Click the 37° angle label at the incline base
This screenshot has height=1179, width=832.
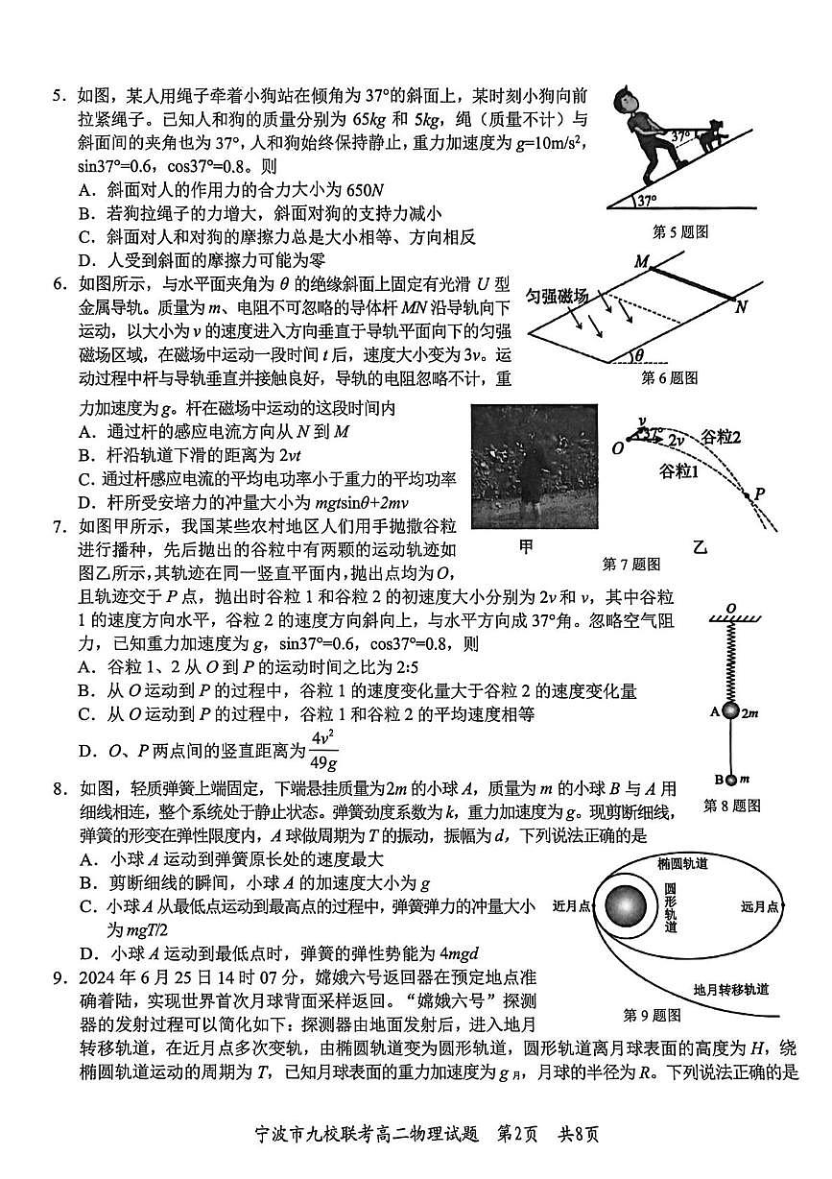(x=647, y=202)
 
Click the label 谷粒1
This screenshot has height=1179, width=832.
(x=678, y=472)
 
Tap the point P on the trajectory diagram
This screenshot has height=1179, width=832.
(x=758, y=493)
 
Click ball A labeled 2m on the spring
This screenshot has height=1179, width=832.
(x=729, y=711)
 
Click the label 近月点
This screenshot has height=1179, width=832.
(x=572, y=905)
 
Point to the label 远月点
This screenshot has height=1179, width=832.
(x=760, y=905)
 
